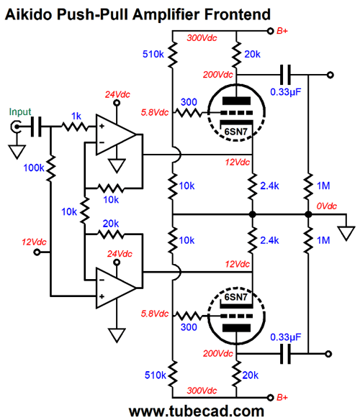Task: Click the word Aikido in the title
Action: click(28, 14)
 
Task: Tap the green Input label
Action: click(20, 112)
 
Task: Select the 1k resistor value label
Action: click(76, 116)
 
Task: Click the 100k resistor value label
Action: click(34, 168)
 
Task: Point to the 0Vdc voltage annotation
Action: click(326, 206)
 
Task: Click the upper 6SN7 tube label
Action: click(235, 132)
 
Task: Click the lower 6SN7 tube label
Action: click(235, 297)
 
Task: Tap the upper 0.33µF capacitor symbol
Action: click(285, 75)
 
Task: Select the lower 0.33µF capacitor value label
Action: click(285, 337)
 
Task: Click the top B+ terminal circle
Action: click(271, 31)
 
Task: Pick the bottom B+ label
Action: click(282, 397)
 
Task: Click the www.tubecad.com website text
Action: click(197, 411)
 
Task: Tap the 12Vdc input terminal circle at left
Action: click(37, 252)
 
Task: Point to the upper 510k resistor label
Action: click(153, 55)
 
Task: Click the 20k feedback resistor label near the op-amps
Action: click(111, 224)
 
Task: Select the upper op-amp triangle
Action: click(116, 135)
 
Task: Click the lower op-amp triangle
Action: click(116, 288)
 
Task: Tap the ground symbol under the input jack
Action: click(17, 152)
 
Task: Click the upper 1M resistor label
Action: click(323, 186)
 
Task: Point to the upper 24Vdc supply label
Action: click(117, 94)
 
